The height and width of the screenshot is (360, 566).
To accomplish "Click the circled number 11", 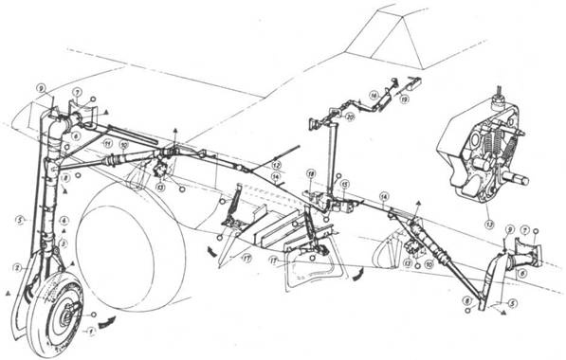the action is pyautogui.click(x=108, y=143).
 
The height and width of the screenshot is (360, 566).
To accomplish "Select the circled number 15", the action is pyautogui.click(x=345, y=183).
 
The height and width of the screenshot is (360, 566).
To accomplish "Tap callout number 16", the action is pyautogui.click(x=375, y=96).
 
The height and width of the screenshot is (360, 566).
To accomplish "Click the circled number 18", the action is pyautogui.click(x=310, y=174).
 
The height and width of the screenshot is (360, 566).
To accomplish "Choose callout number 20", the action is pyautogui.click(x=351, y=117).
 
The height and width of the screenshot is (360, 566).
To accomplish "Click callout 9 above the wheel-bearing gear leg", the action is pyautogui.click(x=41, y=88).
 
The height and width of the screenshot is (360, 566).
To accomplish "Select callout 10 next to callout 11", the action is pyautogui.click(x=124, y=145).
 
